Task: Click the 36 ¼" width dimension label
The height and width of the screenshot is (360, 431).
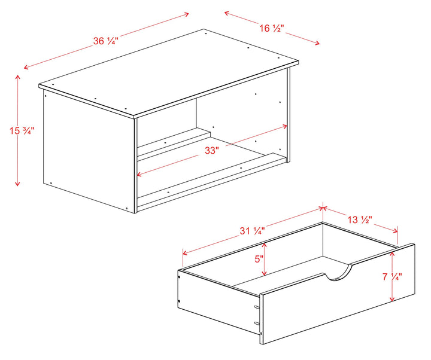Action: pyautogui.click(x=106, y=41)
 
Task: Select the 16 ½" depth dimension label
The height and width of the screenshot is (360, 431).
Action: pyautogui.click(x=272, y=28)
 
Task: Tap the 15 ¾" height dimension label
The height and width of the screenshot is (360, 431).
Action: pyautogui.click(x=22, y=131)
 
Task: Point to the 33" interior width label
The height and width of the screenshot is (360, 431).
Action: pyautogui.click(x=212, y=151)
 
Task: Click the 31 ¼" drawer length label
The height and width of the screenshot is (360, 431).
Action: pyautogui.click(x=252, y=231)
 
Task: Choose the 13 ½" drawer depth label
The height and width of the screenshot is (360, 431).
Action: pyautogui.click(x=360, y=219)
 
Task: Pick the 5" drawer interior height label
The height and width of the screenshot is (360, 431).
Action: pyautogui.click(x=259, y=259)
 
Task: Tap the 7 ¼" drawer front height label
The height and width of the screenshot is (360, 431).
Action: pyautogui.click(x=392, y=276)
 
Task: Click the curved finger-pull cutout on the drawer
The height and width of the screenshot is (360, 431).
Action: pyautogui.click(x=338, y=274)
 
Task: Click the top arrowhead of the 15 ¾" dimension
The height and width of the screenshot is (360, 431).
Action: pyautogui.click(x=17, y=77)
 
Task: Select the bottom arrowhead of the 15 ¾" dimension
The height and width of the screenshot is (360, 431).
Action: pyautogui.click(x=17, y=184)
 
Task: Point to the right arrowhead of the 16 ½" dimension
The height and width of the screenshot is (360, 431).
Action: pyautogui.click(x=317, y=42)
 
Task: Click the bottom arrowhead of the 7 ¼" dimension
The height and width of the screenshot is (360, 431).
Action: pyautogui.click(x=392, y=298)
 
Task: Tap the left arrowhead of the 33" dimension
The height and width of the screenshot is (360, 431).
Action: pyautogui.click(x=139, y=175)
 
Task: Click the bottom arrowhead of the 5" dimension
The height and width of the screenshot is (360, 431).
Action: pyautogui.click(x=264, y=273)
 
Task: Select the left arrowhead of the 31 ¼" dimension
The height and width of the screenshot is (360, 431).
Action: pyautogui.click(x=185, y=252)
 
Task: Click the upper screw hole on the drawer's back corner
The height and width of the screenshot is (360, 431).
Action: pyautogui.click(x=179, y=277)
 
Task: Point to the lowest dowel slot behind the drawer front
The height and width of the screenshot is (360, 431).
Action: pyautogui.click(x=256, y=323)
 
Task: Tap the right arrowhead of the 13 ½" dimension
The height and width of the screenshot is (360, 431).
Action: pyautogui.click(x=395, y=231)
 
